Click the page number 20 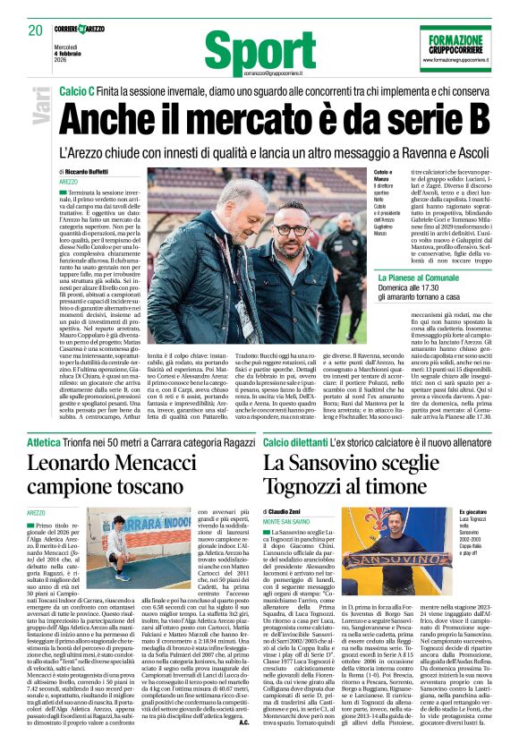(x=37, y=30)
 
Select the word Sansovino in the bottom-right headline (x=356, y=463)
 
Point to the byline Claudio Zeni (x=299, y=510)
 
